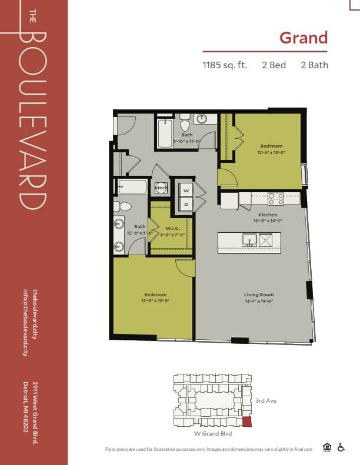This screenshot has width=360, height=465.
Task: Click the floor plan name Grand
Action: click(303, 38)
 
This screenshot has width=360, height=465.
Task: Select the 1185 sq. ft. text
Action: click(225, 65)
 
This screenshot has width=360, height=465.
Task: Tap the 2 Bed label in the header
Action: click(274, 65)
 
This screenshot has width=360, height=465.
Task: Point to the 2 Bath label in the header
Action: click(314, 65)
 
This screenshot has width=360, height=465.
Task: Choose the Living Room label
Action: click(259, 295)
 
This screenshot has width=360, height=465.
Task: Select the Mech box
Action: click(161, 188)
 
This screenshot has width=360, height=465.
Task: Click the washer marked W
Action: click(186, 190)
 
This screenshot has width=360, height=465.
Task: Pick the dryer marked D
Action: click(186, 204)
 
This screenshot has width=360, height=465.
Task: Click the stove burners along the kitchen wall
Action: click(276, 199)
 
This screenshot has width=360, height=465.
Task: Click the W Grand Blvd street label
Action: click(212, 433)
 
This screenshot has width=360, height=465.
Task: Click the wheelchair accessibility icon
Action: click(341, 447)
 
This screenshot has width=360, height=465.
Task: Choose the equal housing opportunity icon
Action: click(327, 447)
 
